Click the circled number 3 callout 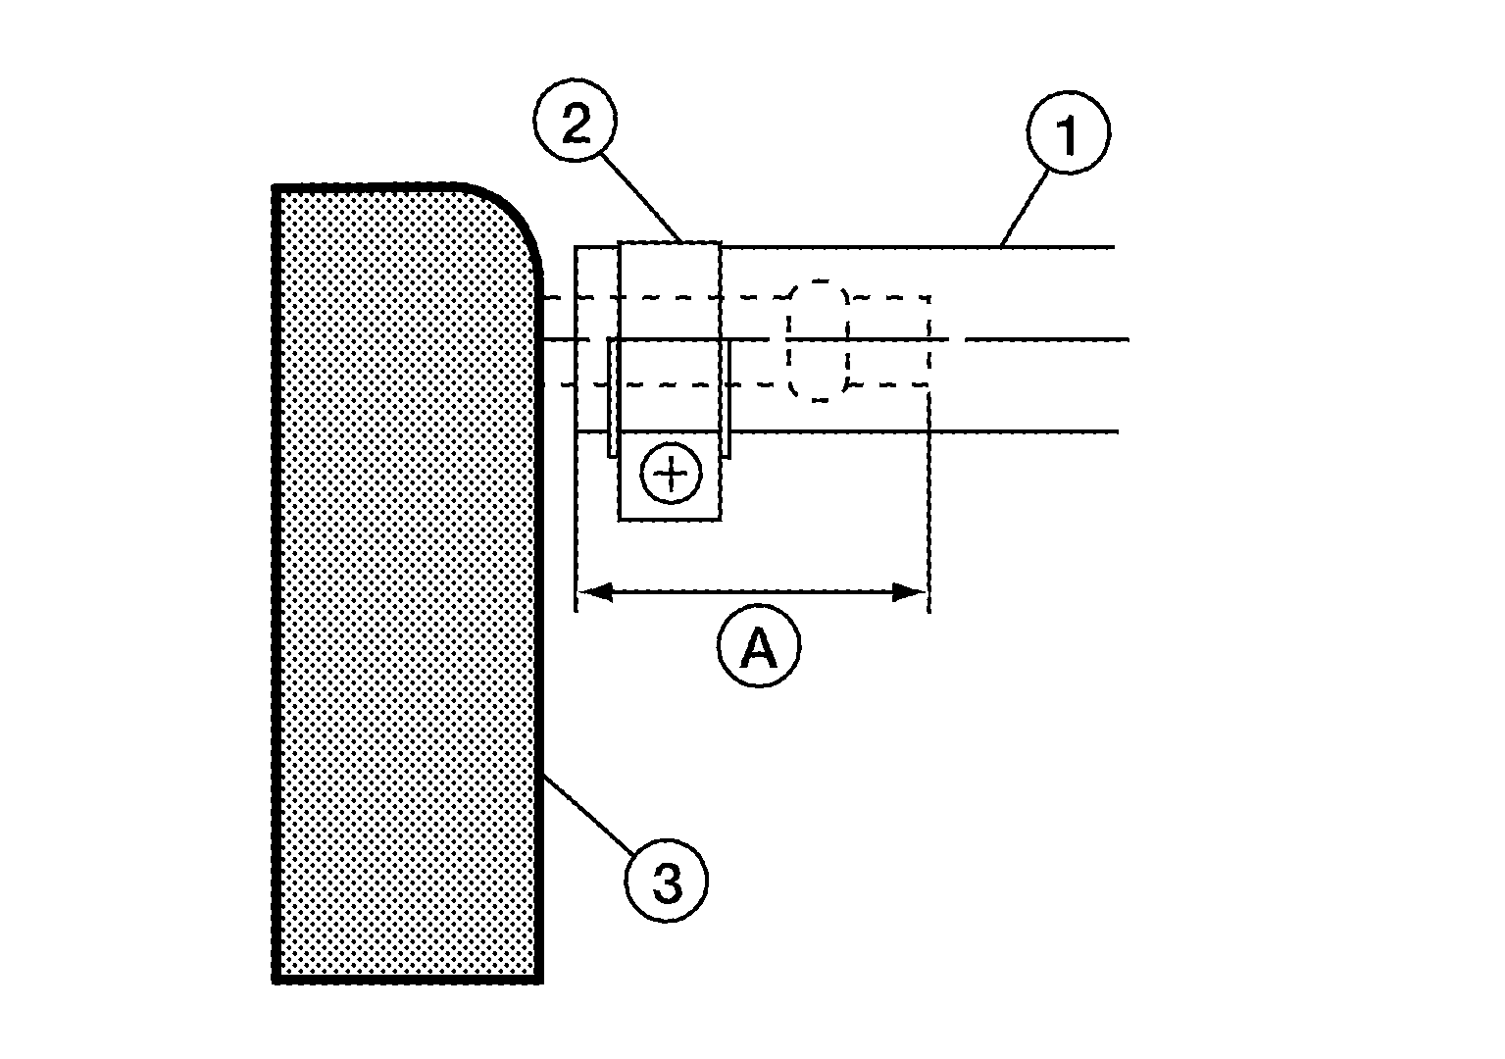pyautogui.click(x=667, y=884)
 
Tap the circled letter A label pyautogui.click(x=759, y=647)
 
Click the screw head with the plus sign pyautogui.click(x=672, y=475)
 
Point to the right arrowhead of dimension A pyautogui.click(x=908, y=591)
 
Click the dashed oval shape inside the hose pyautogui.click(x=818, y=340)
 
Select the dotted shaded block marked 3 pyautogui.click(x=407, y=588)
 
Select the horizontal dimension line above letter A pyautogui.click(x=751, y=591)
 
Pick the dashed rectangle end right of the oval pyautogui.click(x=888, y=340)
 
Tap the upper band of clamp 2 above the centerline pyautogui.click(x=670, y=289)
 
